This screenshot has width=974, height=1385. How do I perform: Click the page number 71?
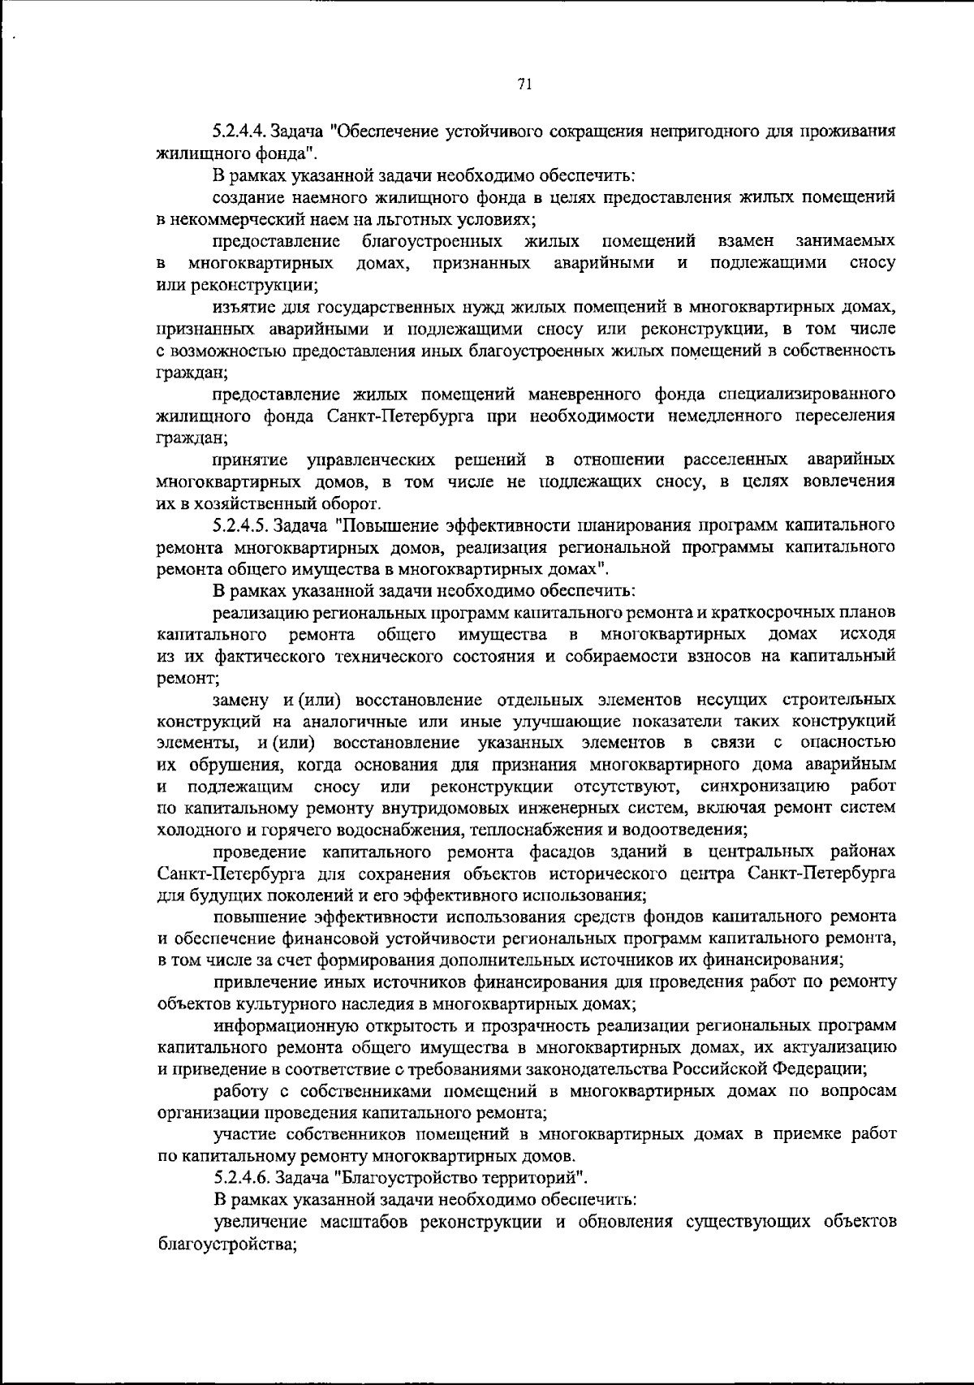524,84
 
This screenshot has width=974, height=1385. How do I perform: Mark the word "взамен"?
745,241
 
